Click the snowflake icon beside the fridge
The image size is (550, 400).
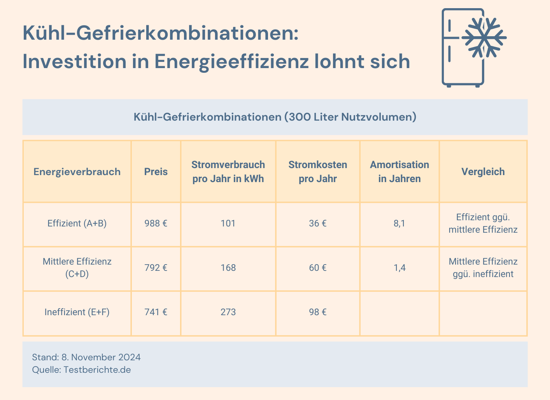click(483, 38)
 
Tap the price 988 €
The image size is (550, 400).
click(156, 223)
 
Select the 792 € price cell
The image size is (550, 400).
click(156, 268)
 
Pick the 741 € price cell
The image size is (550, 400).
click(156, 312)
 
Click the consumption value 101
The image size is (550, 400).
click(228, 223)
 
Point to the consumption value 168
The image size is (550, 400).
click(228, 268)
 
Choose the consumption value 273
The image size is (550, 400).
click(228, 312)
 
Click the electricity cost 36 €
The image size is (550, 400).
click(318, 223)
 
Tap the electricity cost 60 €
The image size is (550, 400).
click(318, 268)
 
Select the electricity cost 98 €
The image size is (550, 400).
click(318, 312)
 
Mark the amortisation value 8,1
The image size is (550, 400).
click(399, 223)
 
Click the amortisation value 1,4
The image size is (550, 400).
click(399, 268)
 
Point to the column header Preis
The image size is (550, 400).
click(156, 172)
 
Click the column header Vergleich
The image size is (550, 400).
click(483, 172)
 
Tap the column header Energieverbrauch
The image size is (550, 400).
click(77, 172)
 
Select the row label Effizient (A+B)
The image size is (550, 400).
click(77, 223)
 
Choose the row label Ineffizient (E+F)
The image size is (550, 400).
click(77, 312)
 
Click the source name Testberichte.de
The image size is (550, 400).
click(97, 370)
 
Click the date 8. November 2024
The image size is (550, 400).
click(101, 357)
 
